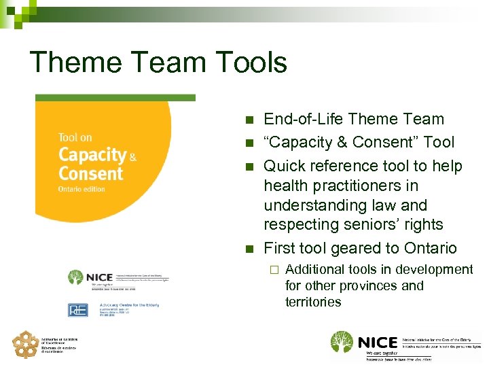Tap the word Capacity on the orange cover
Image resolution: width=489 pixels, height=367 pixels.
pos(92,155)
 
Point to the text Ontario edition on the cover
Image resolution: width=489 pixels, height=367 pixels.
pos(81,189)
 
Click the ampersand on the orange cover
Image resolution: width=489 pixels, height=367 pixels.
pos(133,156)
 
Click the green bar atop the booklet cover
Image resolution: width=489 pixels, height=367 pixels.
pos(115,98)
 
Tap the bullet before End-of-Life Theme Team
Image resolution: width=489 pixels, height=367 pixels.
pos(249,120)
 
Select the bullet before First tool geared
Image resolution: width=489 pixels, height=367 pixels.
pos(249,249)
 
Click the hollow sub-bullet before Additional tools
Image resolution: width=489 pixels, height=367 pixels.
pos(274,270)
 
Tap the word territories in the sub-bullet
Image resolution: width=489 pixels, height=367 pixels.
pos(313,302)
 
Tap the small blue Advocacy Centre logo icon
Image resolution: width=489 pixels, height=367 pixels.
pos(77,309)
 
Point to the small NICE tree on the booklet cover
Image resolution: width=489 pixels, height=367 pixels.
pos(75,277)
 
